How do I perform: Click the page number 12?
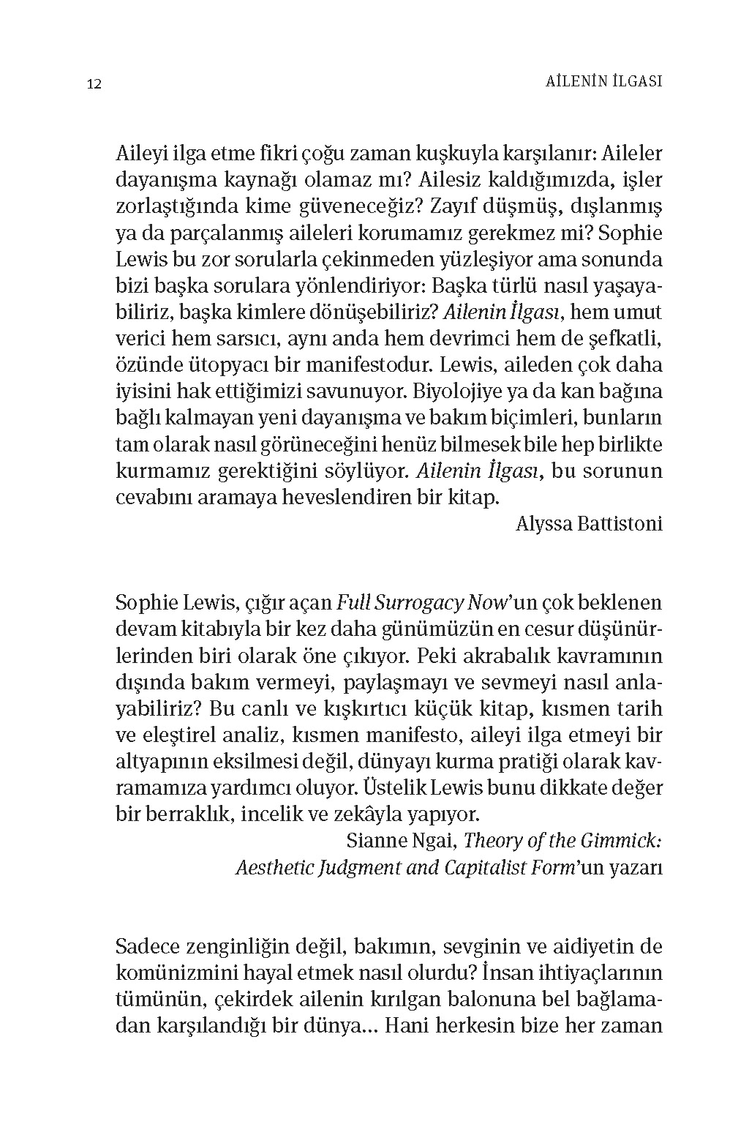94,83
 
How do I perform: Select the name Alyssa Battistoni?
589,524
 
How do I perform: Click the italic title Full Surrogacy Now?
421,603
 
